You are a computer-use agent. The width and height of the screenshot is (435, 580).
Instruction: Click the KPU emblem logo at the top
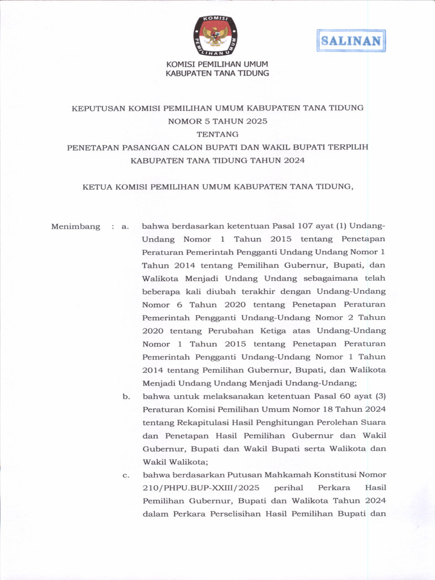click(x=216, y=35)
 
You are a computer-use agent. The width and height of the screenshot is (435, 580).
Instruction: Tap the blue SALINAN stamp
click(x=351, y=41)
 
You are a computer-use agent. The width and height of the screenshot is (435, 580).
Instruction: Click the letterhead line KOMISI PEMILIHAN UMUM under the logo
click(x=217, y=64)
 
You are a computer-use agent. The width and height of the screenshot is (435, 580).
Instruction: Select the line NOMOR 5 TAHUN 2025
click(x=217, y=121)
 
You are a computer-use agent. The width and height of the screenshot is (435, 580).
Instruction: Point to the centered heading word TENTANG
click(x=217, y=134)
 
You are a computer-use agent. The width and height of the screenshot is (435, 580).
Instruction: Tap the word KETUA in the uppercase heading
click(x=97, y=186)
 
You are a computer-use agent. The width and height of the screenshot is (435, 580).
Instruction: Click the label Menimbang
click(x=75, y=227)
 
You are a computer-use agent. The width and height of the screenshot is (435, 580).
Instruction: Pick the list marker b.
click(x=126, y=396)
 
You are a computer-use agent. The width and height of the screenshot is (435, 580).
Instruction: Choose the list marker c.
click(x=126, y=475)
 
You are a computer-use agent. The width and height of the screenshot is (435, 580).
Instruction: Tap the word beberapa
click(x=161, y=292)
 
